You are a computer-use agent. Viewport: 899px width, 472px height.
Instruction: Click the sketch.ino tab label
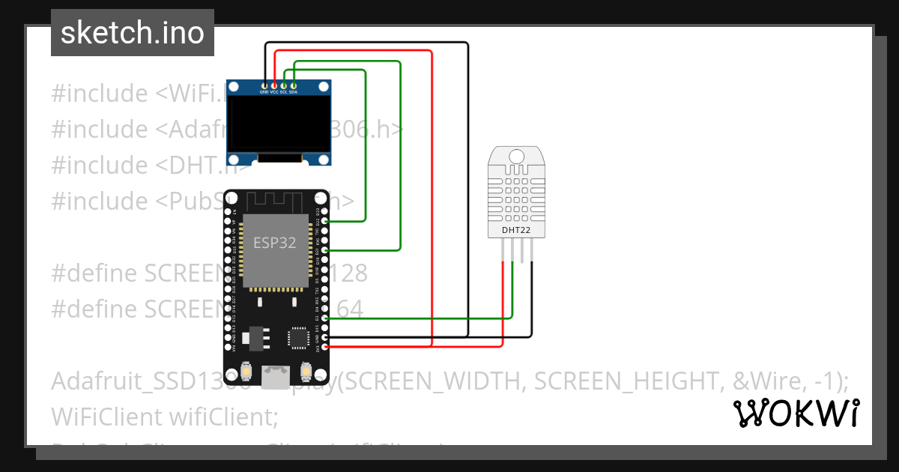133,33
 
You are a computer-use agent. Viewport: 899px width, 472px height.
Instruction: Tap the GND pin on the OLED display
264,86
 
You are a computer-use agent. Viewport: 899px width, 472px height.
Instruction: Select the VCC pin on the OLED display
274,86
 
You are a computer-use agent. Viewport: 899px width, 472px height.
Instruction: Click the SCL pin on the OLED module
284,86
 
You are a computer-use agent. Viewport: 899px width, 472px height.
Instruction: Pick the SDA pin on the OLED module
294,86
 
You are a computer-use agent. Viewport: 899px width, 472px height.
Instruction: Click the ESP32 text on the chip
274,243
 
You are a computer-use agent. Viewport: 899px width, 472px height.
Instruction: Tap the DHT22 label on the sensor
516,230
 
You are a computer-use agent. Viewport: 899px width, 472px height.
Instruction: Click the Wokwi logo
796,414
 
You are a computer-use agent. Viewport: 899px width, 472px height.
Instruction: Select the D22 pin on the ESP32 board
324,222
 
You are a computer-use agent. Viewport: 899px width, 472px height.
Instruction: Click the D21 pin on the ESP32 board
324,250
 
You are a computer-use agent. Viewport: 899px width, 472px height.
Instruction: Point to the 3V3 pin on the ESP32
324,347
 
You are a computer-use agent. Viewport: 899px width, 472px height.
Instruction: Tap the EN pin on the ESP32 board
228,212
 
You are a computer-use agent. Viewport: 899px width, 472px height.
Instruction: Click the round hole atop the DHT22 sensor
516,156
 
